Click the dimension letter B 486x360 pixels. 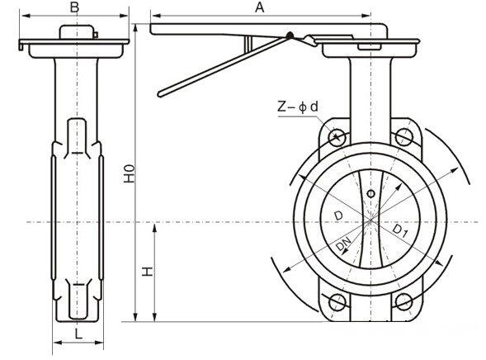[74, 7]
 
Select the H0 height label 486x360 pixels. [128, 174]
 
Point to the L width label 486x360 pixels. [77, 334]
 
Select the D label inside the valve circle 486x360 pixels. [337, 216]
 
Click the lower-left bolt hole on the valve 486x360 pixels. [336, 301]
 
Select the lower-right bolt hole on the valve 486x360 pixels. [404, 301]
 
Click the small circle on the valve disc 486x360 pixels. [370, 193]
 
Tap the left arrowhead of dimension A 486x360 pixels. [153, 16]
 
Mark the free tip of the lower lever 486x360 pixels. [161, 92]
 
